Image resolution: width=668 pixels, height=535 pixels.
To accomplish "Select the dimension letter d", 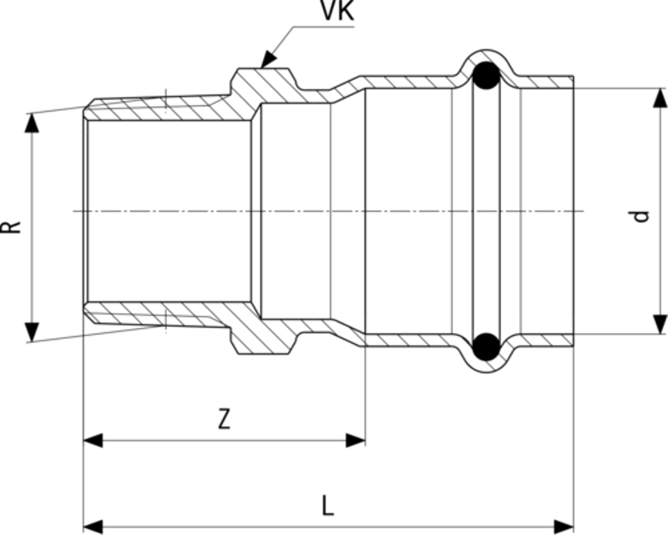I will pyautogui.click(x=641, y=215).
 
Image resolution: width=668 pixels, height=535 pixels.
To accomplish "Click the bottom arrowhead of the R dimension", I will pyautogui.click(x=32, y=332).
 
